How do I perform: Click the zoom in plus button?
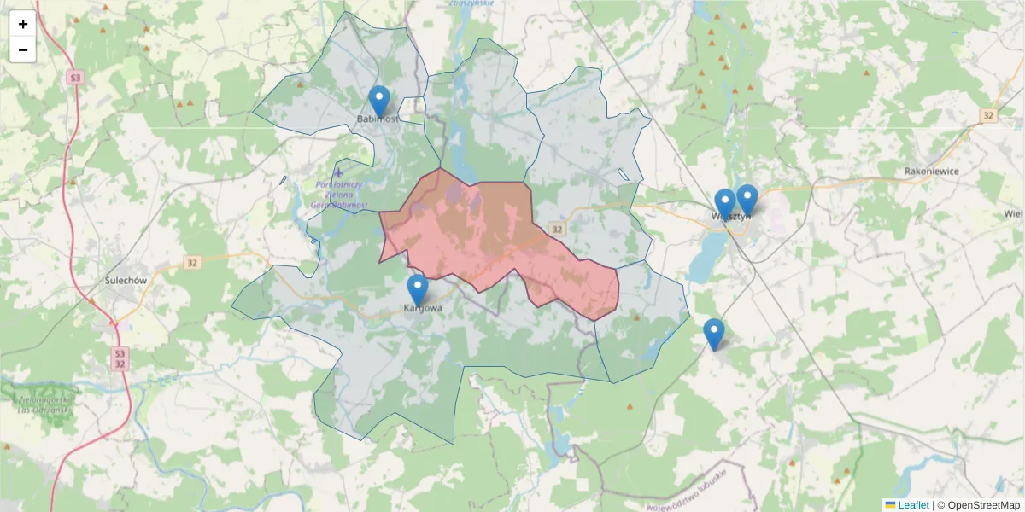coord(23,24)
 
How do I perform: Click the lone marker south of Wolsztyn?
coord(713,334)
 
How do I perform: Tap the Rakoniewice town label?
coord(932,171)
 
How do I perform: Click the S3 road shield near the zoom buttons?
coord(76,78)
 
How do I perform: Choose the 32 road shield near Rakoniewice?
coord(988,115)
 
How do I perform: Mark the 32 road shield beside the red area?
coord(558,229)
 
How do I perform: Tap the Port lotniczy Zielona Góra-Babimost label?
coord(340,195)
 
